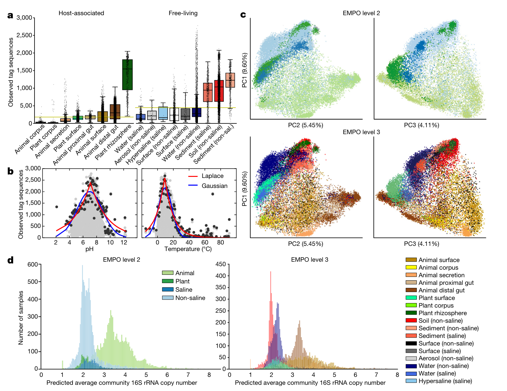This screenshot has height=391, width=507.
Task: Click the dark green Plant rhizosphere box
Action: click(x=127, y=74)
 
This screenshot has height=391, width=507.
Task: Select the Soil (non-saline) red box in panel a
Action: click(x=219, y=91)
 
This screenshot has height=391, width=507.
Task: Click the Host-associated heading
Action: click(x=81, y=13)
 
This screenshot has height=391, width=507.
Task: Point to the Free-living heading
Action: click(x=183, y=13)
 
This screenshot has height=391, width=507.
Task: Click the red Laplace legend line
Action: click(x=193, y=176)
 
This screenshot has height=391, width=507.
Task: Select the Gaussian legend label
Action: click(x=214, y=186)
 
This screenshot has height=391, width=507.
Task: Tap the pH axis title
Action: click(x=89, y=249)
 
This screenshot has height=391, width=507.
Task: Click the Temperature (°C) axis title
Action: click(x=188, y=249)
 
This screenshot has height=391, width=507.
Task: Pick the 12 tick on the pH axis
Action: click(x=124, y=242)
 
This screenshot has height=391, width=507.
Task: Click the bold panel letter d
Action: click(x=10, y=260)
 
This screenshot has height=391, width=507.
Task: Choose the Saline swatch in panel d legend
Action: click(x=168, y=290)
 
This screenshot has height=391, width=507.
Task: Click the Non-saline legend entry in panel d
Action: click(x=190, y=298)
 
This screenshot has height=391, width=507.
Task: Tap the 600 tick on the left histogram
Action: click(x=32, y=264)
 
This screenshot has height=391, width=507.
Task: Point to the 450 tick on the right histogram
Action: click(x=220, y=264)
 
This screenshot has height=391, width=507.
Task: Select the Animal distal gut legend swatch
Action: click(x=411, y=290)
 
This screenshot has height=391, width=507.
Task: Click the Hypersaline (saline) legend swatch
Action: click(x=411, y=381)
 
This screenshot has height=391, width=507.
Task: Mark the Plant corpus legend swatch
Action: click(x=411, y=305)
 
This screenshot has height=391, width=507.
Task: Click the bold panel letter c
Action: click(x=243, y=15)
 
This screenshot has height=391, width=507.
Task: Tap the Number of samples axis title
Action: click(x=21, y=318)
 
